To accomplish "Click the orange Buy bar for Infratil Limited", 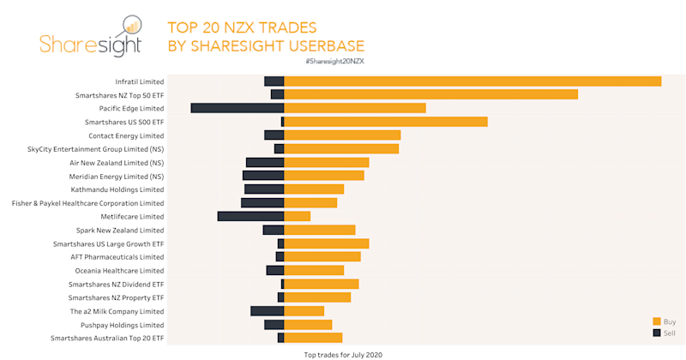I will point(472,81).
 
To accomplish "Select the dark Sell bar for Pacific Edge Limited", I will point(238,108).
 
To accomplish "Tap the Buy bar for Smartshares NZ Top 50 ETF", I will point(430,94).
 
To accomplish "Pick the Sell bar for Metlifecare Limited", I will point(250,216).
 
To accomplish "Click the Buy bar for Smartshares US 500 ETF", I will point(385,122).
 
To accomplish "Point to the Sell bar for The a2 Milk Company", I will point(267,311).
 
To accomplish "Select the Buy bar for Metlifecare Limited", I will point(297,216).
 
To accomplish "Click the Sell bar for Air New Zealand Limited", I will point(265,162).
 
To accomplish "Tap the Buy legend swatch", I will point(657,321).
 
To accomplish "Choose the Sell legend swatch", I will point(657,333).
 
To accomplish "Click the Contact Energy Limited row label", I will point(126,135).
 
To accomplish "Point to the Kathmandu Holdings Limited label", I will point(117,189).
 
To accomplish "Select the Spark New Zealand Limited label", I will point(120,230).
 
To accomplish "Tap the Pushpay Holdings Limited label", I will point(122,325).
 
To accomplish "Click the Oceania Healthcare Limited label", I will point(118,271).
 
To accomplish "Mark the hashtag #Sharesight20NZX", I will point(334,63).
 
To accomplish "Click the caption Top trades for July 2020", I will point(343,353).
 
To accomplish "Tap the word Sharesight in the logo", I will point(87,45).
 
